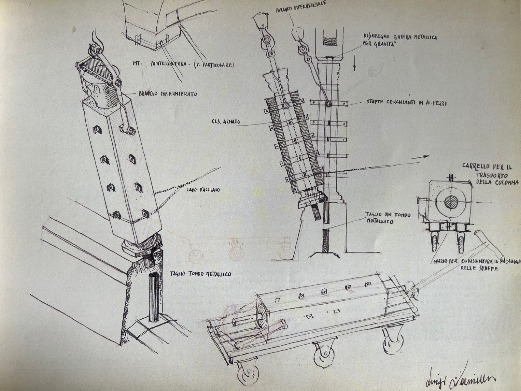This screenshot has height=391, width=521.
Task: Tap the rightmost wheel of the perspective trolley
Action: pos(392,343)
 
